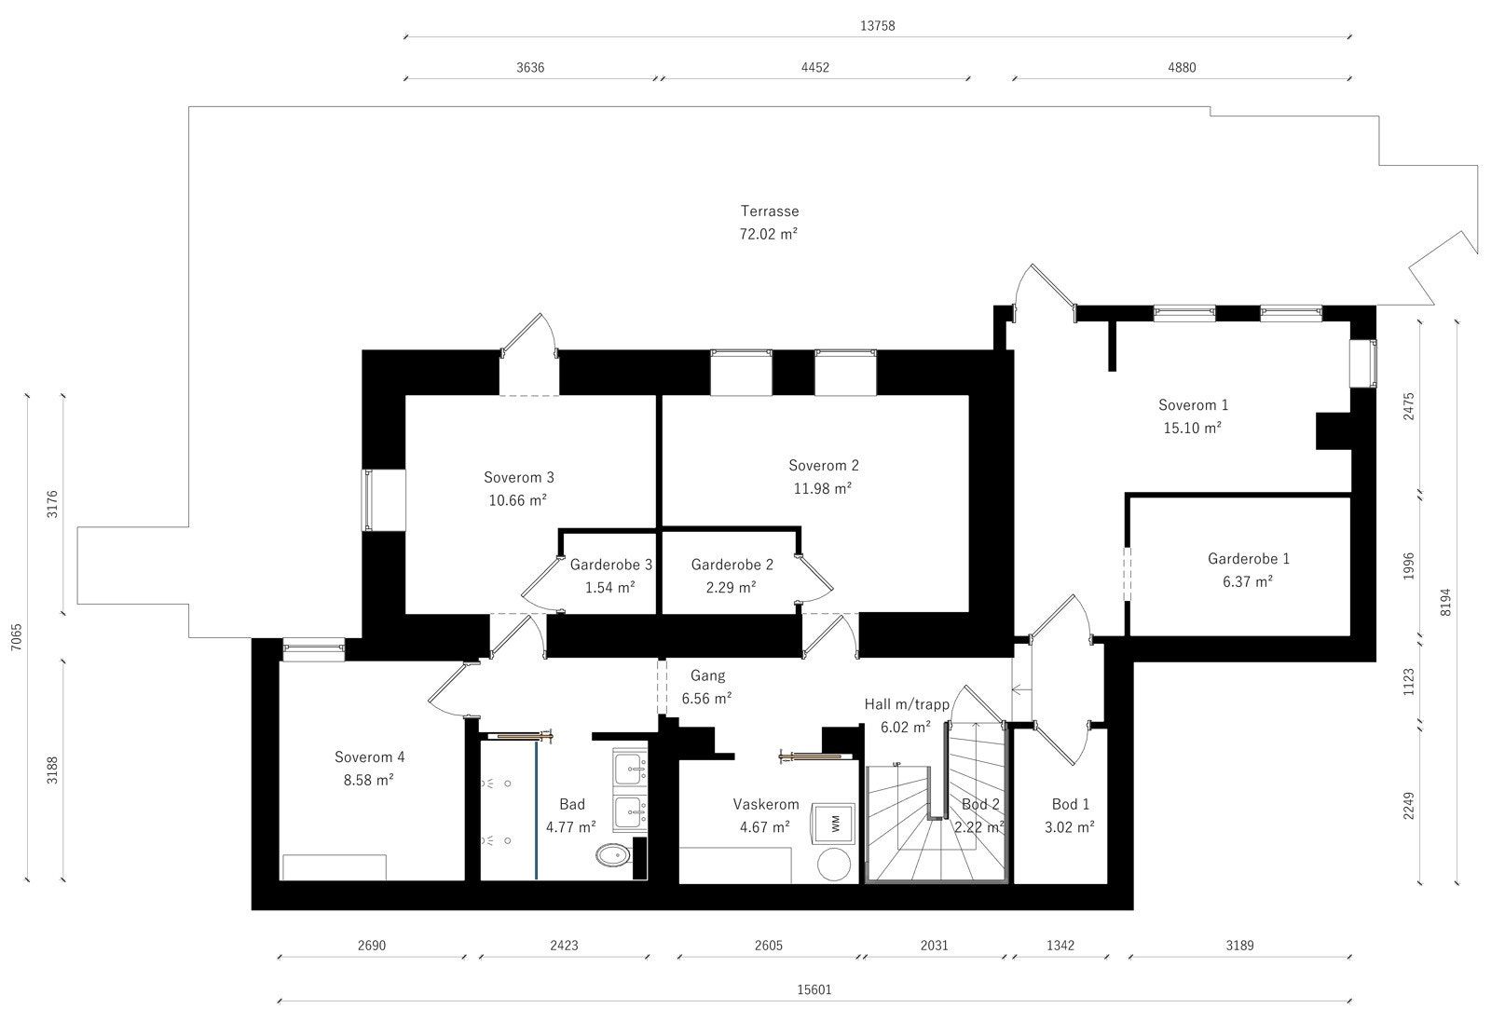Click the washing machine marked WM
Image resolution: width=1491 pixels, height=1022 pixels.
pyautogui.click(x=834, y=823)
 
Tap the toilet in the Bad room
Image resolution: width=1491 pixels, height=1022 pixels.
pyautogui.click(x=611, y=855)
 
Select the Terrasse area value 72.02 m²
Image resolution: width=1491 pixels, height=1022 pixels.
pyautogui.click(x=769, y=234)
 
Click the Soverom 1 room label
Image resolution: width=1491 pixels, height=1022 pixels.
pyautogui.click(x=1193, y=405)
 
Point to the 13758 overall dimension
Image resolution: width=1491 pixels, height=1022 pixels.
pyautogui.click(x=877, y=26)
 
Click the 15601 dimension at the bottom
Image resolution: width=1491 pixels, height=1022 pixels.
pyautogui.click(x=815, y=990)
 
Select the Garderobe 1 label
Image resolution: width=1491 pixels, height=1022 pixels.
pyautogui.click(x=1249, y=559)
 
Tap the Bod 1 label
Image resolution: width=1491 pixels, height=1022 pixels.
pyautogui.click(x=1071, y=804)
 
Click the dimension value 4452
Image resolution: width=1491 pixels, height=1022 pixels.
pyautogui.click(x=814, y=67)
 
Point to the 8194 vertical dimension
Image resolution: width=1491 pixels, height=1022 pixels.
pyautogui.click(x=1445, y=602)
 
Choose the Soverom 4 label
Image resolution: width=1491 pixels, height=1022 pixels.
pyautogui.click(x=369, y=757)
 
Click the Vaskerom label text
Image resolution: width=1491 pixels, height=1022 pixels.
pyautogui.click(x=766, y=804)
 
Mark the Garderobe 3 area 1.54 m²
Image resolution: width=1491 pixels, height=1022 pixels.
pyautogui.click(x=610, y=587)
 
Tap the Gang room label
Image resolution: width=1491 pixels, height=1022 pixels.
pyautogui.click(x=707, y=675)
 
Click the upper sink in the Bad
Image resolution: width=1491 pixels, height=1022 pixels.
pyautogui.click(x=631, y=767)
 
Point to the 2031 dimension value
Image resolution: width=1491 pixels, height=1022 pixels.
pyautogui.click(x=934, y=945)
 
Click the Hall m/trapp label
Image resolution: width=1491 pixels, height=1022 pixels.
pyautogui.click(x=907, y=704)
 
